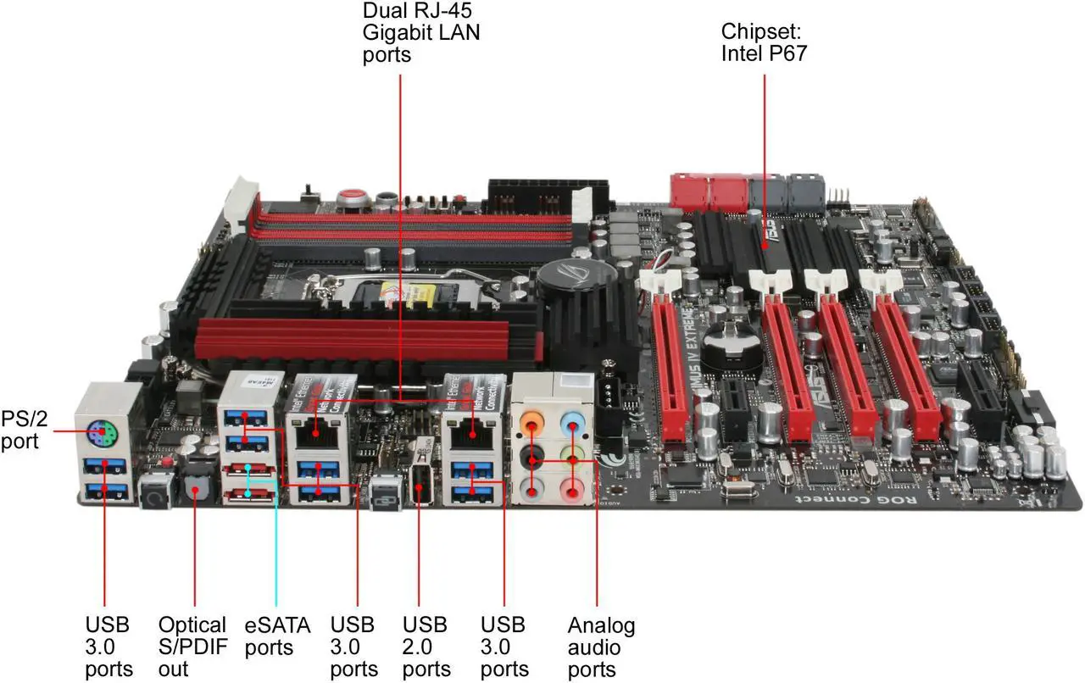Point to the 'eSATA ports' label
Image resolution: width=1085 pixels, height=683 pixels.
pos(277,636)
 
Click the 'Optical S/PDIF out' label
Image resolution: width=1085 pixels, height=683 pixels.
pos(192,647)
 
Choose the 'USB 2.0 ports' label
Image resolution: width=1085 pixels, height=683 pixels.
pos(425,647)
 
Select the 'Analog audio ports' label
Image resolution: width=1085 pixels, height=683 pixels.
pos(601,647)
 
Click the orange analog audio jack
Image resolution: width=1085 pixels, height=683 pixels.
pos(534,420)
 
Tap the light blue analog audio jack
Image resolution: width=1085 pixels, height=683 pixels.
pos(576,419)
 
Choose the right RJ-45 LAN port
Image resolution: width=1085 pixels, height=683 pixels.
pos(465,432)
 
